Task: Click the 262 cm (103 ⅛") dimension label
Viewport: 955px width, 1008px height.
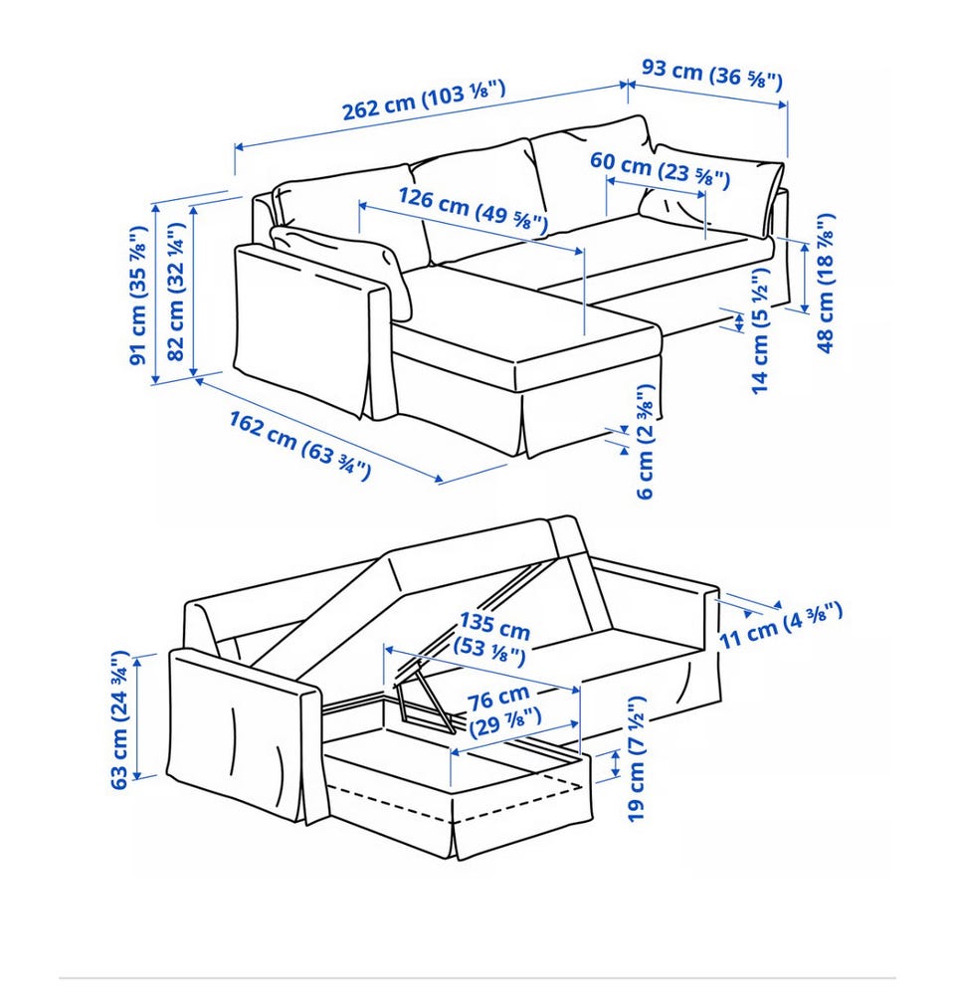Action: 424,101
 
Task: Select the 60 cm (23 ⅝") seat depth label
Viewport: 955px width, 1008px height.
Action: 660,170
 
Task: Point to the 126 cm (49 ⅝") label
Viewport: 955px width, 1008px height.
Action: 473,210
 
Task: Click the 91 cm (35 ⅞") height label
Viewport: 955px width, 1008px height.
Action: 138,296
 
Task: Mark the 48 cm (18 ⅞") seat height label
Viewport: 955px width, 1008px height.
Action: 826,283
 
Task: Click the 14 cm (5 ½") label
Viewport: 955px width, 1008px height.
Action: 760,330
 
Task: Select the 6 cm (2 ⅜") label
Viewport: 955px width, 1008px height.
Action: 645,441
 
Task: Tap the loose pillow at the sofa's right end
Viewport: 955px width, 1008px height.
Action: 710,187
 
